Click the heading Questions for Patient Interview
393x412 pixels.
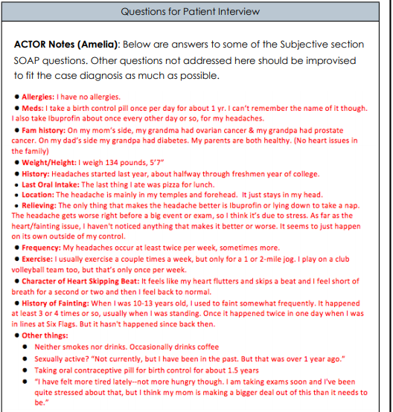(190, 11)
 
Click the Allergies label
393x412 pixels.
(39, 97)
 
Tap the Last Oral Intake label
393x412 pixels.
(55, 184)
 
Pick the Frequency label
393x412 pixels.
(43, 248)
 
